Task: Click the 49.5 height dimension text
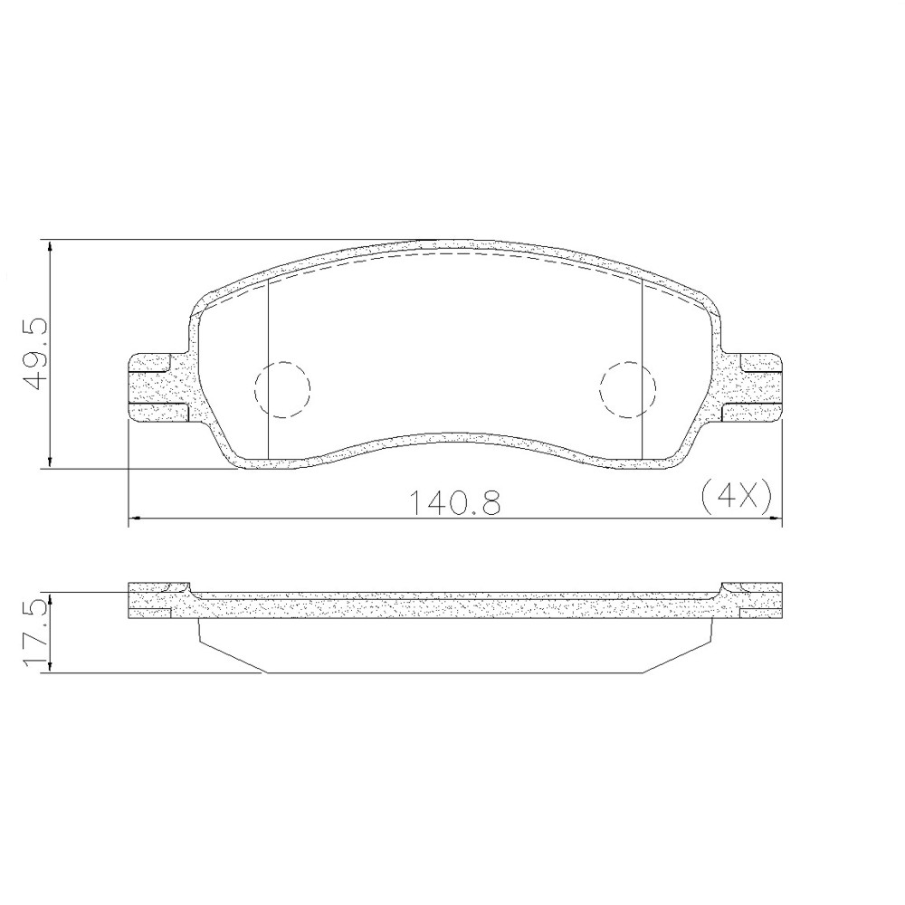[x=35, y=353]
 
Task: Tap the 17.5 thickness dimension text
[x=35, y=633]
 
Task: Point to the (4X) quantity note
[x=734, y=495]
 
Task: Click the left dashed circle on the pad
[x=282, y=389]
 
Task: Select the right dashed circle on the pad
[x=627, y=389]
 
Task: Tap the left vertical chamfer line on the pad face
[x=270, y=362]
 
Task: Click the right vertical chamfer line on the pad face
[x=642, y=362]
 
